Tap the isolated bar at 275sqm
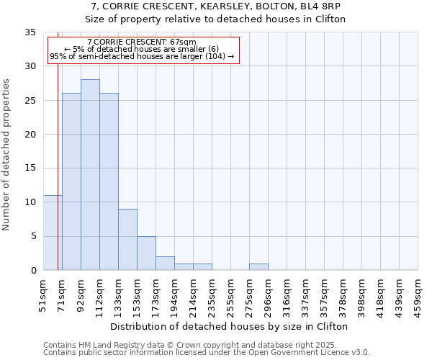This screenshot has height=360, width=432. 258,267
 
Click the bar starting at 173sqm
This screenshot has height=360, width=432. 165,264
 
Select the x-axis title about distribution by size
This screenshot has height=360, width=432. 230,326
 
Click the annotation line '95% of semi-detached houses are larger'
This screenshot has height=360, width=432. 142,56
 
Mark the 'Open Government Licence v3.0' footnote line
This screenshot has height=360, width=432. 207,352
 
